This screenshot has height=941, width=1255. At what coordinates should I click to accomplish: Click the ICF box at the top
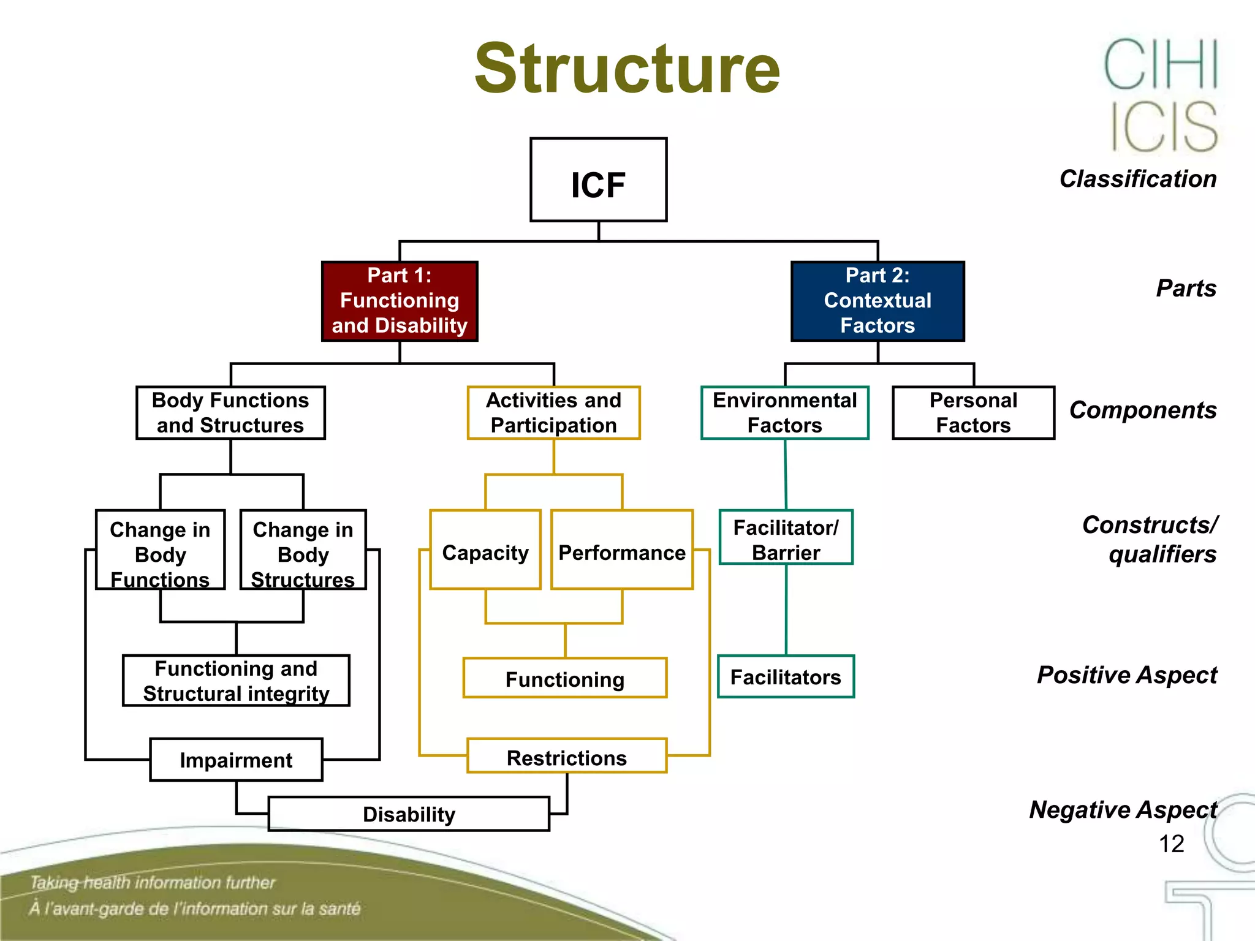[598, 180]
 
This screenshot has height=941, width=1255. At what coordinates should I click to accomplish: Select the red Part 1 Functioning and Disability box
[400, 301]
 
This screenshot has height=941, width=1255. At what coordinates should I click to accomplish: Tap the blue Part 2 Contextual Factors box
[878, 301]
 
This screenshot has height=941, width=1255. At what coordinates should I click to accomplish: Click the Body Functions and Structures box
[230, 412]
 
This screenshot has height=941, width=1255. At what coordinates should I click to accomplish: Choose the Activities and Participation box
[553, 412]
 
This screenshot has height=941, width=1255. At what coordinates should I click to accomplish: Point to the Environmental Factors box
[784, 412]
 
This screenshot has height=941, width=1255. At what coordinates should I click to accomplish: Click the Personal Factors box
[973, 412]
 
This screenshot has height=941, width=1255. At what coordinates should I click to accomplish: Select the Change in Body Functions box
[160, 550]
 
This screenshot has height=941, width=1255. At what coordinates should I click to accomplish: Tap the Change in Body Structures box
[303, 550]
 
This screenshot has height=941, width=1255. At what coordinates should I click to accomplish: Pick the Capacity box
[485, 550]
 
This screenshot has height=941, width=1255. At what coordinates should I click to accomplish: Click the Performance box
[621, 550]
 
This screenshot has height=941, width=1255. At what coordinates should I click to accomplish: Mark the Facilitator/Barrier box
[786, 537]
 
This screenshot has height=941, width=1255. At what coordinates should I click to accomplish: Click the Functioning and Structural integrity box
[236, 681]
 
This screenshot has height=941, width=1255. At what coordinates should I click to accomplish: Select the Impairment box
[236, 760]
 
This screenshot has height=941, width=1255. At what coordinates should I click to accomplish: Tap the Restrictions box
[567, 756]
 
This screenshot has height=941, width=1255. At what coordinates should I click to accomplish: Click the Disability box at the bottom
[409, 814]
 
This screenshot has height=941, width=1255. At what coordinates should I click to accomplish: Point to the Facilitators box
[786, 676]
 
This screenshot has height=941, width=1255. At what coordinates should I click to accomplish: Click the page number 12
[1171, 844]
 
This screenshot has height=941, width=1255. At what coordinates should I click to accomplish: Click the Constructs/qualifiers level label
[1150, 539]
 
